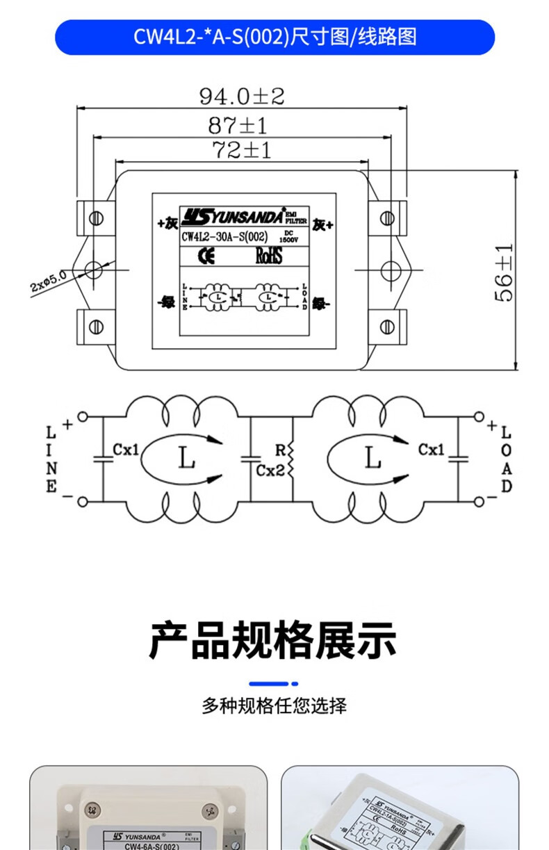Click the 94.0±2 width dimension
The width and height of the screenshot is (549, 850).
[242, 96]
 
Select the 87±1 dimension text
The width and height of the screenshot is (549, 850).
[238, 126]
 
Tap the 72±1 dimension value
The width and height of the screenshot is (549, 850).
[240, 150]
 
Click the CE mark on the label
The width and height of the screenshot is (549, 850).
[206, 256]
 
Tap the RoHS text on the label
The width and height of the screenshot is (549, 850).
[269, 256]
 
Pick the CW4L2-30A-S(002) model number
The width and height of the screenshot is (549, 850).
[224, 236]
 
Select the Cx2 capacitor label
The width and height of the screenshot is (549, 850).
[270, 471]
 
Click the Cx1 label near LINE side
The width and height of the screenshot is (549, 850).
[126, 450]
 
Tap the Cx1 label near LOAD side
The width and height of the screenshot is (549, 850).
[431, 450]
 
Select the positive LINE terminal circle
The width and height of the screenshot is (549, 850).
[83, 417]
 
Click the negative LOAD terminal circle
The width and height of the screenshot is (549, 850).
[479, 500]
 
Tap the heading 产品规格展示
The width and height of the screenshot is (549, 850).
[273, 640]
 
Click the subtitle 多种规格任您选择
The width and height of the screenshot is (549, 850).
[274, 706]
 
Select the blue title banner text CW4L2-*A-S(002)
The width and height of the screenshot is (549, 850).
[274, 37]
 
